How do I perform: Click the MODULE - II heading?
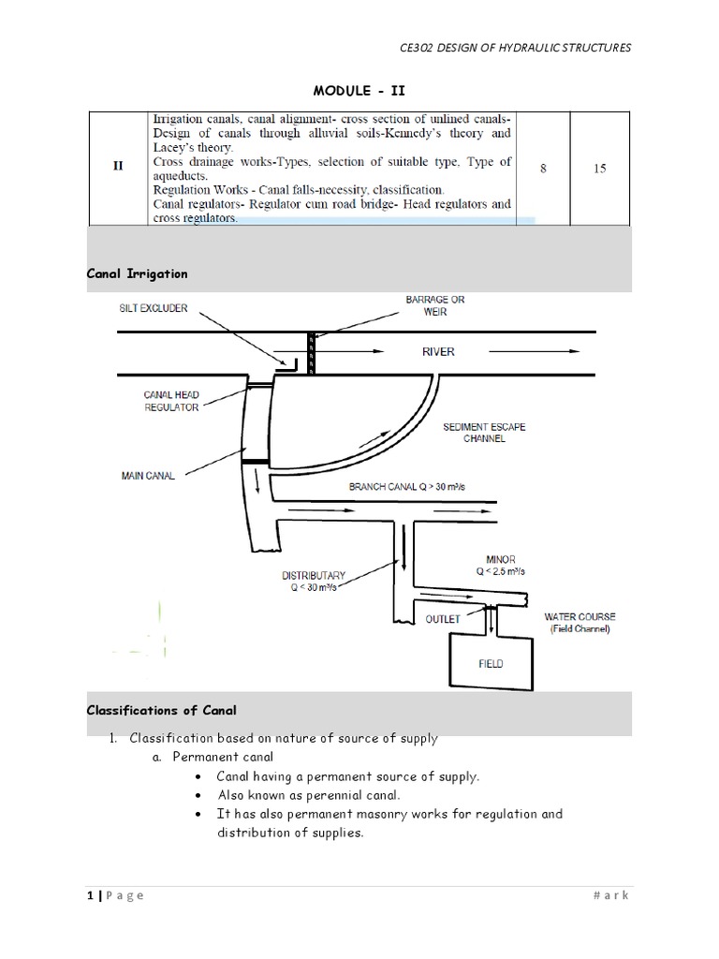click(x=360, y=90)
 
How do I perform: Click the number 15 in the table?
click(x=600, y=169)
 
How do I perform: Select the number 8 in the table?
click(x=544, y=169)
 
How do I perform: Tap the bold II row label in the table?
click(x=118, y=169)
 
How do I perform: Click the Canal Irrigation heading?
click(x=137, y=274)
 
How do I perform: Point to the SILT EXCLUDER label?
click(x=153, y=308)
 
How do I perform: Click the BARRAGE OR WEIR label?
click(x=434, y=305)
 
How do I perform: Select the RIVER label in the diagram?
click(x=438, y=352)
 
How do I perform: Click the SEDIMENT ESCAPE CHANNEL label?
click(x=484, y=432)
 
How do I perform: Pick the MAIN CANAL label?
click(x=149, y=476)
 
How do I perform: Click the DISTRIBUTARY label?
click(x=315, y=581)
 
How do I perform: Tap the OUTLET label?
click(x=443, y=619)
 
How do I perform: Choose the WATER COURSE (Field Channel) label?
click(x=580, y=623)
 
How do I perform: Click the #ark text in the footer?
click(x=612, y=895)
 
